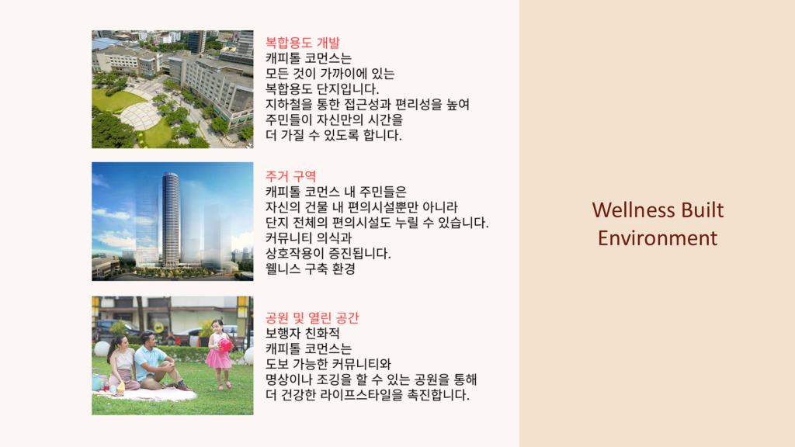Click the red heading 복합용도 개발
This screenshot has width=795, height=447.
pos(302,43)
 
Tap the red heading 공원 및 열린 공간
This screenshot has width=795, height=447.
pos(312,317)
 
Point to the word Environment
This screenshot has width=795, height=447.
pos(658,237)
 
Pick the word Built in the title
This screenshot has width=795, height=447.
pos(704,210)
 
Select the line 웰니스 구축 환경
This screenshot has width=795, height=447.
pos(312,269)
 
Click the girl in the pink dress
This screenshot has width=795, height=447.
pos(219,353)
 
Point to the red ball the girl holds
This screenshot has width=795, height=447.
pos(226,345)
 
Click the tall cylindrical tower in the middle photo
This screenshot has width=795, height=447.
pos(170,219)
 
